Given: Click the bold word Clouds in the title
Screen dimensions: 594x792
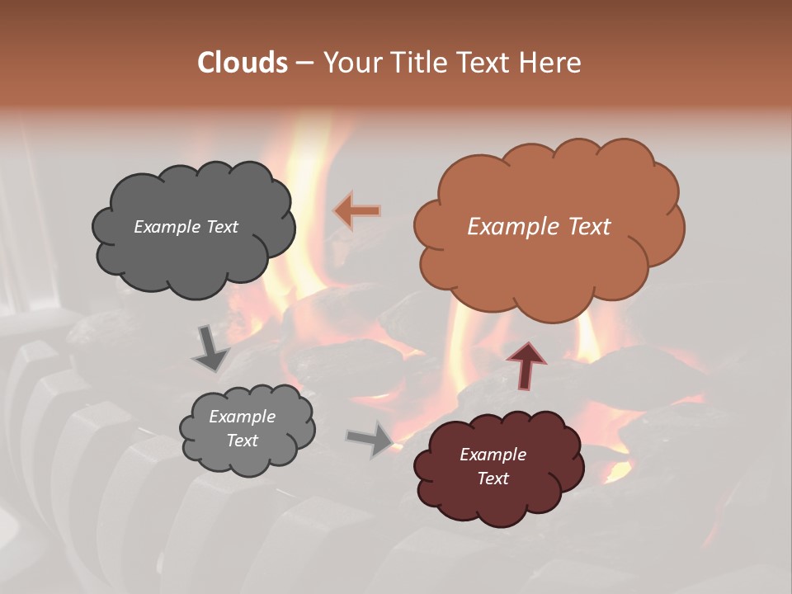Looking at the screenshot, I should [243, 62].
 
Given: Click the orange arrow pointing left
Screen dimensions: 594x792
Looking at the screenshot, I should [357, 211].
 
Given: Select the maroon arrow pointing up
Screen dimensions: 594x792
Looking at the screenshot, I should [526, 365].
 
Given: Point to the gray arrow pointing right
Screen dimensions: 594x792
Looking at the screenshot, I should [370, 438].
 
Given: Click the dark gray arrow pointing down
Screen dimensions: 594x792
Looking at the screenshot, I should [210, 346].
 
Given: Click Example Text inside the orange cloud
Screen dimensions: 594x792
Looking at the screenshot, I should [539, 227].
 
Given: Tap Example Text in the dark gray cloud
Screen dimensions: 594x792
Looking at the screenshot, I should [186, 227].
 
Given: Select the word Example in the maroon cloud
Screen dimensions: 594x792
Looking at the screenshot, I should [493, 455].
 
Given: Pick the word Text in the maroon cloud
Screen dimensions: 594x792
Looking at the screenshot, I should [493, 478].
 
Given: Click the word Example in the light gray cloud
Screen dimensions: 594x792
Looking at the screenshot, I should [242, 417].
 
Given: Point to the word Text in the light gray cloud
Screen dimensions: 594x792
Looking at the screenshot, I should [242, 441].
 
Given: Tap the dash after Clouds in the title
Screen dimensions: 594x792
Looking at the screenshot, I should [304, 63].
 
